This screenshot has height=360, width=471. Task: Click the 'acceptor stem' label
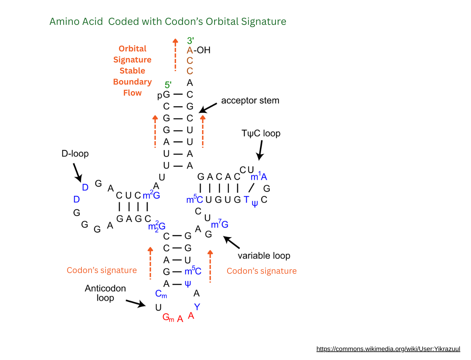(x=250, y=101)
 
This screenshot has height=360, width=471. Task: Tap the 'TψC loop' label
(x=261, y=134)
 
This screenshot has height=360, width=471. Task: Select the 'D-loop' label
(x=75, y=154)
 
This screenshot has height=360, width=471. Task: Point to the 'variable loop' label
(x=264, y=256)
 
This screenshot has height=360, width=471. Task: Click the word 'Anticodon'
(x=105, y=289)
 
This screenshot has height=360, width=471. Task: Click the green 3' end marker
(x=190, y=41)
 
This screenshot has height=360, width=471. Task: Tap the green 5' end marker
(x=168, y=85)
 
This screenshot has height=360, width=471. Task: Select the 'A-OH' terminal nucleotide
(x=198, y=50)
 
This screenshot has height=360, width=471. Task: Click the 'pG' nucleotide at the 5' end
(x=164, y=95)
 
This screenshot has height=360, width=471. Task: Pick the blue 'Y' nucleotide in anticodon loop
(x=197, y=307)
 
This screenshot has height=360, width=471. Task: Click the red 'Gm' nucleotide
(x=168, y=318)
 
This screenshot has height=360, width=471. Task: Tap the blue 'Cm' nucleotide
(x=161, y=294)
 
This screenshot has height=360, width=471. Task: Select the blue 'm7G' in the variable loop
(x=220, y=224)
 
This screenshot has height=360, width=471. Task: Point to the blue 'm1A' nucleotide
(x=259, y=177)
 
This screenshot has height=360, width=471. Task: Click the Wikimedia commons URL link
(x=388, y=349)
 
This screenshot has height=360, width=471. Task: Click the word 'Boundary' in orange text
(x=133, y=82)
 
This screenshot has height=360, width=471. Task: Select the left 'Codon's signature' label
(x=102, y=270)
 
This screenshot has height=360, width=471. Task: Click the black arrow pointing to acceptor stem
(x=208, y=108)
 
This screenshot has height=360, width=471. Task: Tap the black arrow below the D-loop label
(x=77, y=172)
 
